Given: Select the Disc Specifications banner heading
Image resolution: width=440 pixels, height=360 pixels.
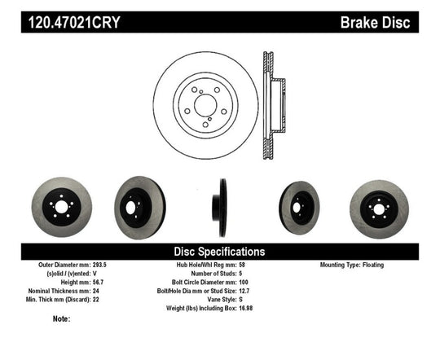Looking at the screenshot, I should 220,252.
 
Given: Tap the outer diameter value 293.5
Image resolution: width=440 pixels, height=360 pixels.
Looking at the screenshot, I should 92,265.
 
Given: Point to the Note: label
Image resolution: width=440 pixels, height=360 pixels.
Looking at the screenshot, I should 62,319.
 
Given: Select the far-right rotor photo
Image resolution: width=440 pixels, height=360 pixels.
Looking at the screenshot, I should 377,205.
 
